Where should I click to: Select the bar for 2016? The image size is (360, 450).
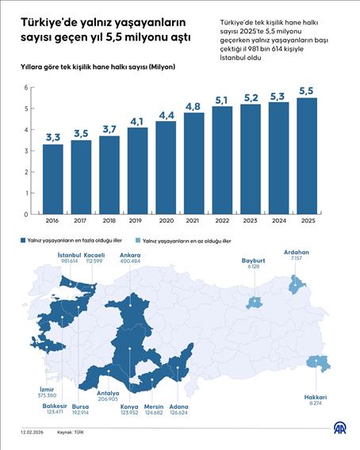(x=53, y=179)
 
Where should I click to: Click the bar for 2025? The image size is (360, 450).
(x=307, y=156)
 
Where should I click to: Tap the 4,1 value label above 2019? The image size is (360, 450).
(x=137, y=121)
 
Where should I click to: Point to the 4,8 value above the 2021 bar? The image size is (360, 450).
(x=193, y=106)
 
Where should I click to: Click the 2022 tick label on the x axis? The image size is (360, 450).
(x=222, y=222)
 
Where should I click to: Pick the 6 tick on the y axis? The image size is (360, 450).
(x=26, y=88)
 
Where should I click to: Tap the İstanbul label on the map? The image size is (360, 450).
(x=71, y=254)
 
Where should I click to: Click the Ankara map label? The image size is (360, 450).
(x=129, y=254)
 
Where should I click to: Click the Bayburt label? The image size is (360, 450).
(x=254, y=260)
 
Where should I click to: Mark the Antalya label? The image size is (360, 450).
(x=107, y=393)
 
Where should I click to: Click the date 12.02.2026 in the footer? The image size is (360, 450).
(x=33, y=432)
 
